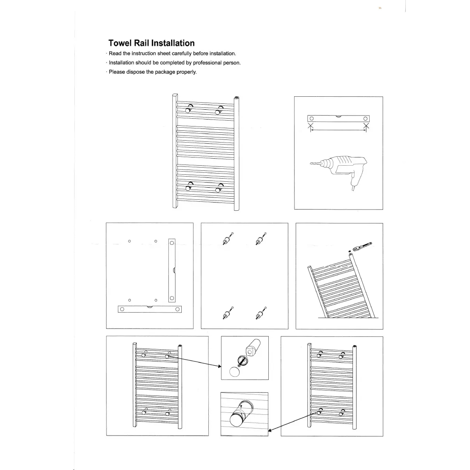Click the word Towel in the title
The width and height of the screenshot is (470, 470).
click(x=121, y=43)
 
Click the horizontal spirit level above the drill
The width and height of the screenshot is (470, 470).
click(x=338, y=119)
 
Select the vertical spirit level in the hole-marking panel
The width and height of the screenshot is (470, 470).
click(x=172, y=270)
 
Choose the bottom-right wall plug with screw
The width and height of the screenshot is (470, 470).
click(x=259, y=314)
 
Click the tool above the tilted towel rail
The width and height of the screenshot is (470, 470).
click(x=362, y=246)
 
